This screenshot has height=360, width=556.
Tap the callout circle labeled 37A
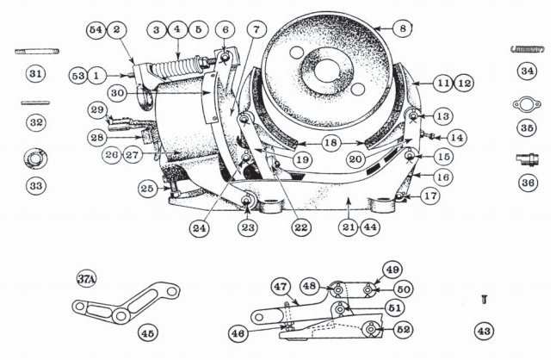[86, 278]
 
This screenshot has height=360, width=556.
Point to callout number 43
[485, 330]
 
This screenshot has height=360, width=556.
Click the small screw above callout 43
[485, 299]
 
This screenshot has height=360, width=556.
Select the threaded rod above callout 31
[36, 51]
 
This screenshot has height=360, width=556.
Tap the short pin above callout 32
[35, 102]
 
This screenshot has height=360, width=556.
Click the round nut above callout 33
[36, 158]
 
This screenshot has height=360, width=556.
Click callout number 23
[247, 228]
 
